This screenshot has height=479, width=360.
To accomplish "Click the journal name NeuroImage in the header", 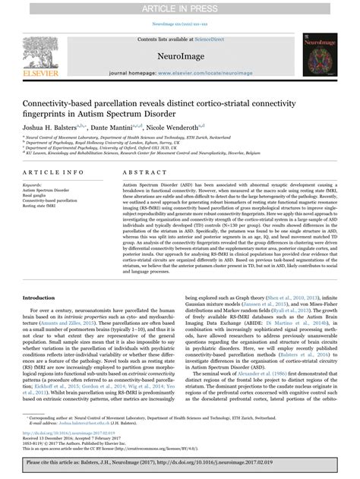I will (x=179, y=55).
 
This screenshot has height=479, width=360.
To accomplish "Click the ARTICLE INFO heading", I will (x=49, y=173).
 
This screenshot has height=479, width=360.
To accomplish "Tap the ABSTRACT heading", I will (x=133, y=173).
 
